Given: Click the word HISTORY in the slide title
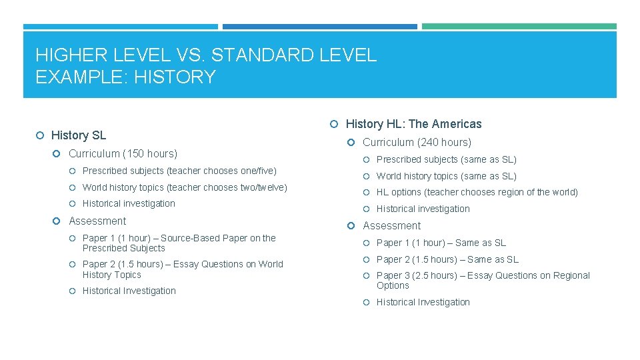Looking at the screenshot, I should point(175,77).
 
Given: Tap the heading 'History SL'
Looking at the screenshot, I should point(78,135).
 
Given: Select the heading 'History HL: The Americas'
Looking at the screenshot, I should point(413,124).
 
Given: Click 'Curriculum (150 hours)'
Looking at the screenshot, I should point(123,153).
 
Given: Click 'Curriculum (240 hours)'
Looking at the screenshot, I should point(417,142).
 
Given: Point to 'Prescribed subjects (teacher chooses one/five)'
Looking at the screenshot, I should point(179,171).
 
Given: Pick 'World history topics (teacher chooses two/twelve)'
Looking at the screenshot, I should point(185,187).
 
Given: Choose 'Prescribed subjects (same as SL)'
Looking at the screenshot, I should point(446,159).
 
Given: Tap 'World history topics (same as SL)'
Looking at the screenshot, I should point(446,176).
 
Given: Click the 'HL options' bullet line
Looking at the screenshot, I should point(477,192).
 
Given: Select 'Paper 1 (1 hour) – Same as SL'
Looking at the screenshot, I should point(441,243).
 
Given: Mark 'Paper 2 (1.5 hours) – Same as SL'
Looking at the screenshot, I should point(447,259).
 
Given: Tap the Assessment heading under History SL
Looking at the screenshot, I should point(97,221).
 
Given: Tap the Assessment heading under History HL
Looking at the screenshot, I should point(391,225).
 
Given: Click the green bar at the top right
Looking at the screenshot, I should point(519,27).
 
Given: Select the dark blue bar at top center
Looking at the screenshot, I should point(319,27).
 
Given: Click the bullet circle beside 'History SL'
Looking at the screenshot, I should point(40,136).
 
